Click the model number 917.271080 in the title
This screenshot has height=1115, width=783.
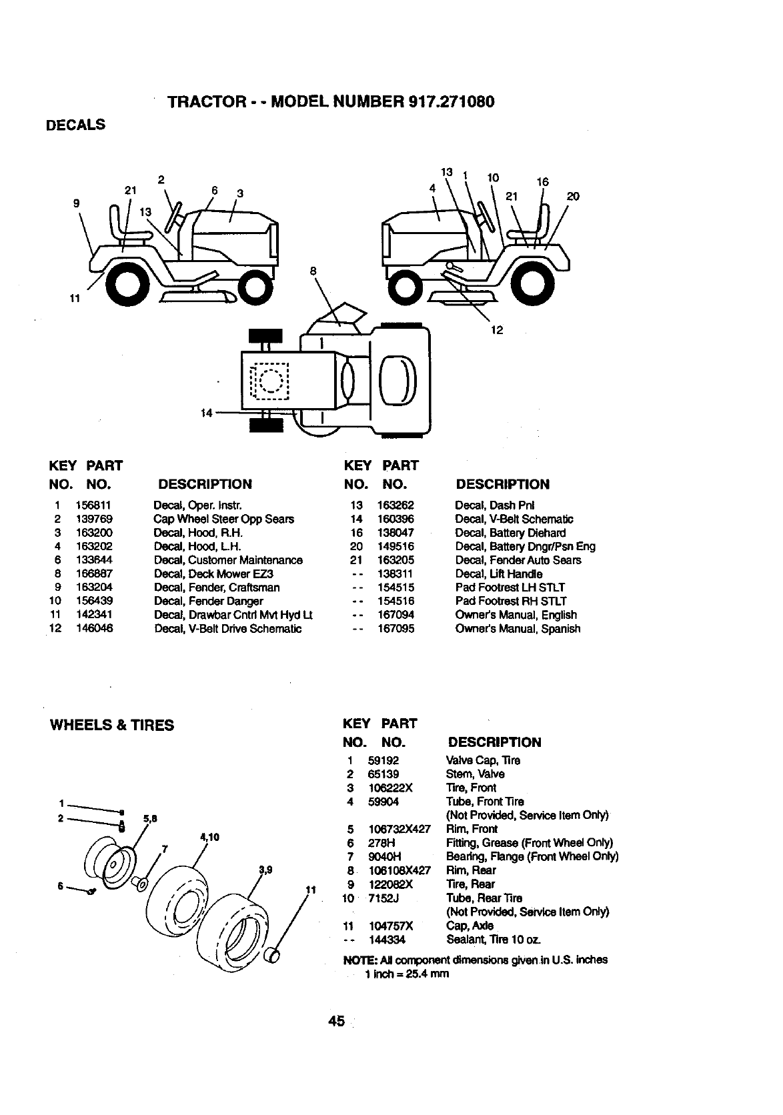pos(449,101)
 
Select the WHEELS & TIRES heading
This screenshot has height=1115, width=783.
pos(112,725)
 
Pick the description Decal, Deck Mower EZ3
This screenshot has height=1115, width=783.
pos(213,574)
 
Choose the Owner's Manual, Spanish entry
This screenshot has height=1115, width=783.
pos(518,628)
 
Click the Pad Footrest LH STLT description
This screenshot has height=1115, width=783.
pos(510,587)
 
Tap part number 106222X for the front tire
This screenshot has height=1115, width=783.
pos(390,788)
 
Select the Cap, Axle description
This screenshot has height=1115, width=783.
pos(470,926)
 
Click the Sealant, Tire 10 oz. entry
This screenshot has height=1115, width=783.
pos(494,940)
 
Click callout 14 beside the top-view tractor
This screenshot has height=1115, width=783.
pos(207,413)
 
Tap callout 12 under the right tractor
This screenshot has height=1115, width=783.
pos(497,329)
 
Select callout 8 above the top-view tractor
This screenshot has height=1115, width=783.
pos(312,271)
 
